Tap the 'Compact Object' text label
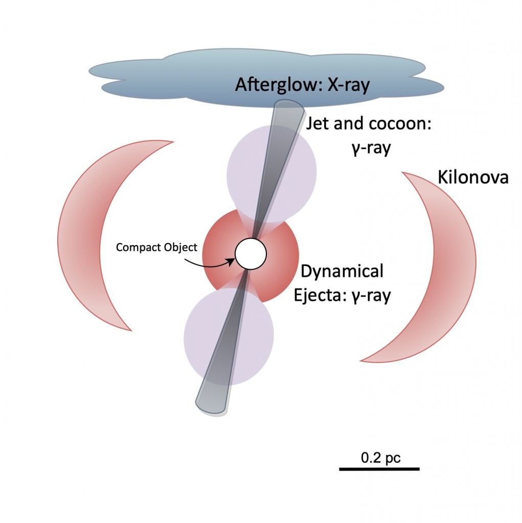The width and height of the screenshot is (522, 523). pyautogui.click(x=156, y=248)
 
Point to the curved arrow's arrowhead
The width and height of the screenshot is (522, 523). pyautogui.click(x=233, y=261)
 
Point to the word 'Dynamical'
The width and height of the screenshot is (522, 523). pyautogui.click(x=342, y=272)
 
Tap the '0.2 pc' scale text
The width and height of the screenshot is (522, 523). pyautogui.click(x=381, y=458)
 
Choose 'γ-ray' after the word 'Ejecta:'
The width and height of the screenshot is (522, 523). pyautogui.click(x=372, y=295)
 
